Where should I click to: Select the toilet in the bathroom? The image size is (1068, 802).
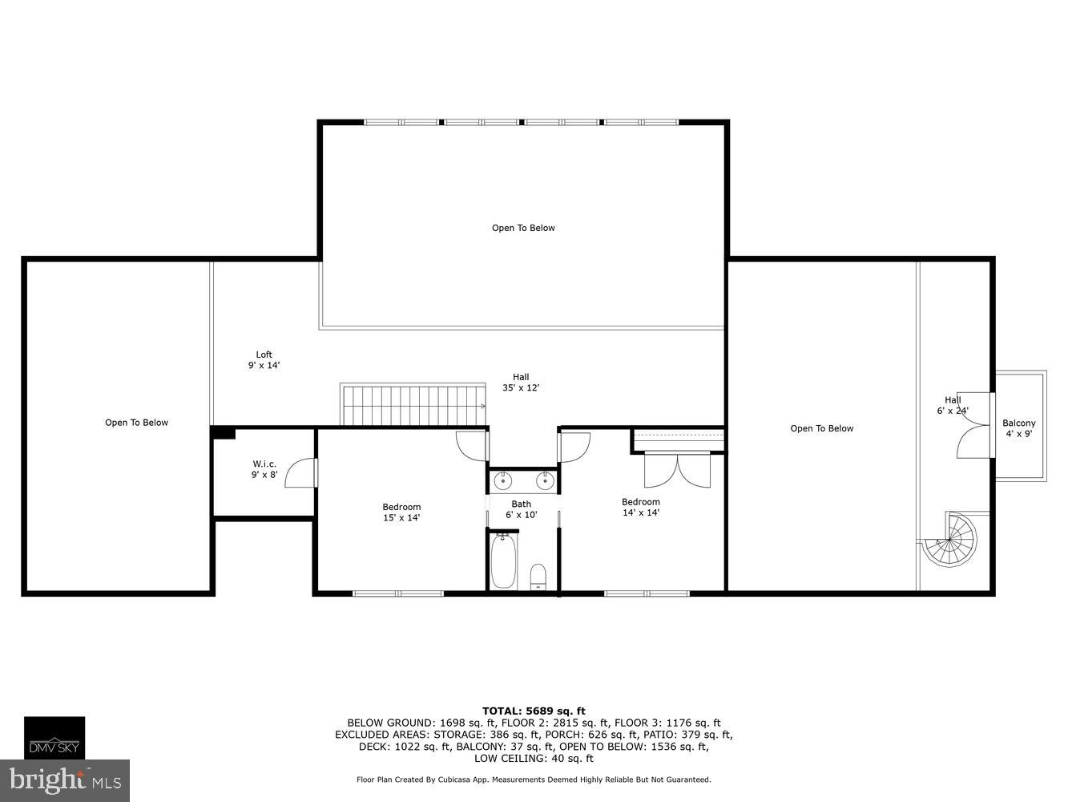[538, 577]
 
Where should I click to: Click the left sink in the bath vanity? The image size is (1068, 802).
[503, 480]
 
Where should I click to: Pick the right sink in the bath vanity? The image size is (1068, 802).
[545, 480]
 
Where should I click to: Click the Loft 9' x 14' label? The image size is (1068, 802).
[264, 360]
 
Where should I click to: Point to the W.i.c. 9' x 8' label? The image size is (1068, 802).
[264, 469]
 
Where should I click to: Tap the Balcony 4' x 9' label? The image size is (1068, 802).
[1018, 428]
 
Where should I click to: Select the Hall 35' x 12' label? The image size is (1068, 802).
[521, 383]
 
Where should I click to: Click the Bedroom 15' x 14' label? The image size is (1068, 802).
[401, 512]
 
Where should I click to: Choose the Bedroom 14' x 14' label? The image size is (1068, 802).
[641, 508]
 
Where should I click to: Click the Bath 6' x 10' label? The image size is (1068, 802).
[521, 509]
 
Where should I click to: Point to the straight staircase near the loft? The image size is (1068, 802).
[413, 405]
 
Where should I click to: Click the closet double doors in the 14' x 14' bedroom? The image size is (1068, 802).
[677, 470]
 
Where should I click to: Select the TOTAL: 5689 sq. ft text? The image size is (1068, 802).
[534, 711]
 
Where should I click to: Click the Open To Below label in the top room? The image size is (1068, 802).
[523, 228]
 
